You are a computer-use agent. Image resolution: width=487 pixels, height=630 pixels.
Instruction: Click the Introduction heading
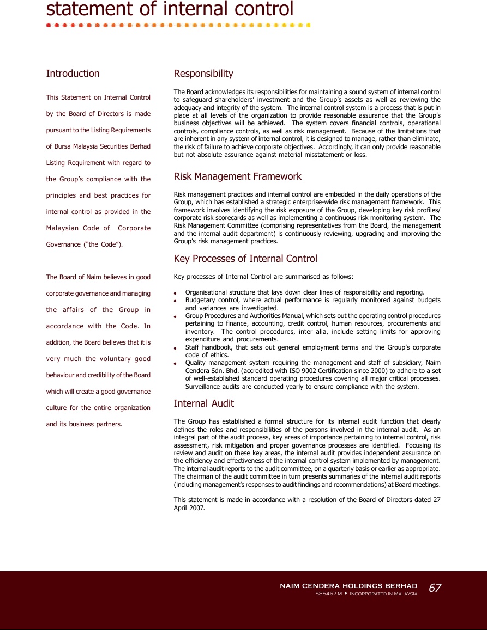[x=73, y=74]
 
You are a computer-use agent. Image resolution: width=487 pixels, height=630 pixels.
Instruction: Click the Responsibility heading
[x=203, y=74]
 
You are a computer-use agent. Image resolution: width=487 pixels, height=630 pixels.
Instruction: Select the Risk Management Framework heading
[x=237, y=176]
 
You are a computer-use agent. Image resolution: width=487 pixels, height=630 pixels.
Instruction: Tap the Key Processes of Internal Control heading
[x=245, y=259]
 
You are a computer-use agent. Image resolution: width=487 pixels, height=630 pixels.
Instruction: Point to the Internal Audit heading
[x=203, y=403]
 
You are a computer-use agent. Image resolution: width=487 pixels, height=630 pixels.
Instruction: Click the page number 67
[x=435, y=588]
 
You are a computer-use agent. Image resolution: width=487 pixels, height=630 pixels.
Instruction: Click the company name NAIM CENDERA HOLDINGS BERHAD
[x=348, y=586]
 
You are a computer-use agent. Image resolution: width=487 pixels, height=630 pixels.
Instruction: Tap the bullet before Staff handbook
[x=175, y=348]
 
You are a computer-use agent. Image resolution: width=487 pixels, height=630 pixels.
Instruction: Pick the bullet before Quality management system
[x=175, y=363]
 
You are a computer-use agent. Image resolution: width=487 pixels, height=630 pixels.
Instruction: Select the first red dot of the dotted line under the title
[x=49, y=25]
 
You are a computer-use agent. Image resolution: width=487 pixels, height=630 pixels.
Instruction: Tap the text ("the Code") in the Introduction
[x=103, y=244]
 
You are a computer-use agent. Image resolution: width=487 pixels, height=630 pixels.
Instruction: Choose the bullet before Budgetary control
[x=175, y=301]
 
